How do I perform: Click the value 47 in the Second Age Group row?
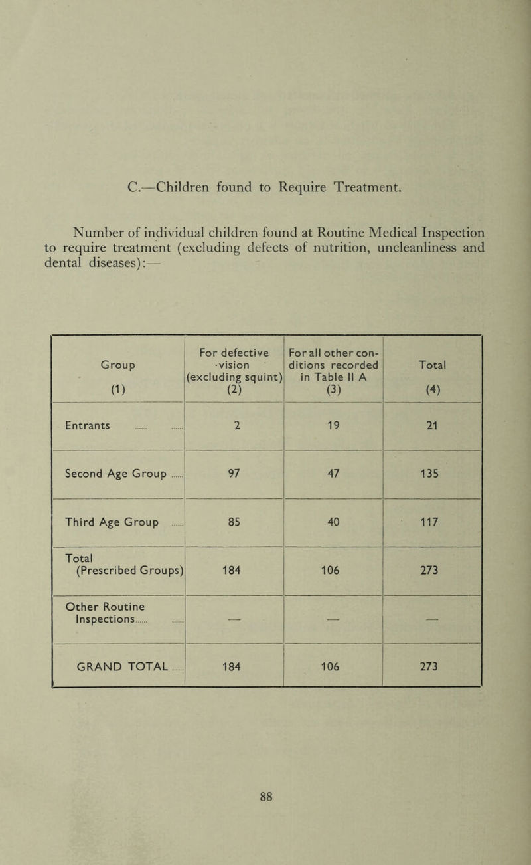[333, 474]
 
